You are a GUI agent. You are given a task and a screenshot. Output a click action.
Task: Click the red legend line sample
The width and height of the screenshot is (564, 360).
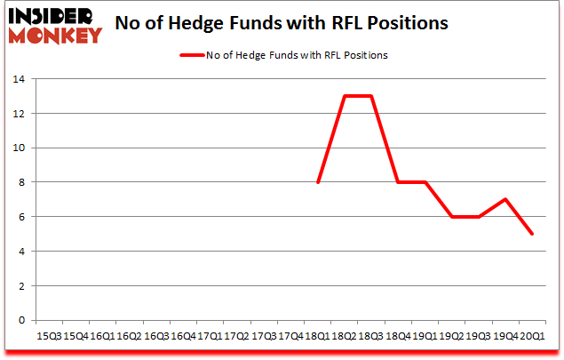click(193, 55)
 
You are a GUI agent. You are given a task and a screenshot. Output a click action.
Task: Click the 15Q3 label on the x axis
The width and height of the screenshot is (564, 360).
click(48, 336)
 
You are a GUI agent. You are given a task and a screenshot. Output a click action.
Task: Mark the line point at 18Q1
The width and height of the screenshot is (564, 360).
click(317, 182)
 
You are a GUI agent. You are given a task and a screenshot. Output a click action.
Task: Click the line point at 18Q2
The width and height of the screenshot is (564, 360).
click(344, 96)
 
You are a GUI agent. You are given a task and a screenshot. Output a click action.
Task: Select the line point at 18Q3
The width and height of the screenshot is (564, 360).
click(370, 96)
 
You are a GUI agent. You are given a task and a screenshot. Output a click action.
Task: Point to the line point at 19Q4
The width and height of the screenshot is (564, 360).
click(504, 199)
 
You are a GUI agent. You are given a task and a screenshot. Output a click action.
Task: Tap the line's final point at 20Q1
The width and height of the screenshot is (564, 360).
click(531, 234)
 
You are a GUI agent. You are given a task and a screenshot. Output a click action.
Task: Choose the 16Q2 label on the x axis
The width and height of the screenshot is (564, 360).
click(128, 336)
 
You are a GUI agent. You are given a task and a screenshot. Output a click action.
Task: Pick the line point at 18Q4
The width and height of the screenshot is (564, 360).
click(397, 182)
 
